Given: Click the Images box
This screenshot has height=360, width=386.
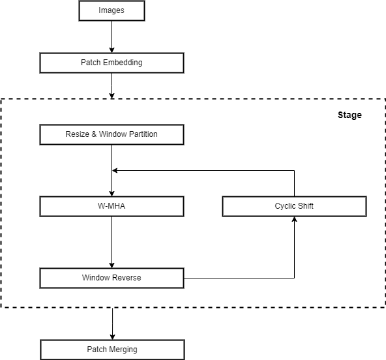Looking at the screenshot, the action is point(111,10).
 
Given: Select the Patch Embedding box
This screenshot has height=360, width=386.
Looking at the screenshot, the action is point(111,63).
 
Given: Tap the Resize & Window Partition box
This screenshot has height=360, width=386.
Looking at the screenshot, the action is point(111,134).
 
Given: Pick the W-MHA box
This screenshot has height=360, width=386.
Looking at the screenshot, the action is point(111,206).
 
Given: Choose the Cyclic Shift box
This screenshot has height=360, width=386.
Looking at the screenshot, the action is point(295,206).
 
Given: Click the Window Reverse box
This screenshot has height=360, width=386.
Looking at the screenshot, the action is point(111,278).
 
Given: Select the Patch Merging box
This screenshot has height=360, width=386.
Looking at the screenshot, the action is point(113,350).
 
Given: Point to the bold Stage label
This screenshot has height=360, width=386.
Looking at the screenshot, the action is point(349,115).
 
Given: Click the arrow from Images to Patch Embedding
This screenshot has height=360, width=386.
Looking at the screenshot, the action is point(111,37).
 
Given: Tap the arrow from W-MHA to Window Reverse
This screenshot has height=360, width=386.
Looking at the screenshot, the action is point(111,243).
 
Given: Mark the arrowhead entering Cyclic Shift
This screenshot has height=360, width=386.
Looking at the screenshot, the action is point(295,219).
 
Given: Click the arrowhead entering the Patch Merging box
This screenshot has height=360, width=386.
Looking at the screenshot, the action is point(113,337).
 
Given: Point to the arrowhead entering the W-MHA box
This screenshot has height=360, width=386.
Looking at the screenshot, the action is point(111,194).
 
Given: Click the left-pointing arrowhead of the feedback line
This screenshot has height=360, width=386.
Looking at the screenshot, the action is point(115,170).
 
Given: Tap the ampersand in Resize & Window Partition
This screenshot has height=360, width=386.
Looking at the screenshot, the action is point(94,134).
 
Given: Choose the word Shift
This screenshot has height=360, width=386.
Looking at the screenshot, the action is point(306,206).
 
